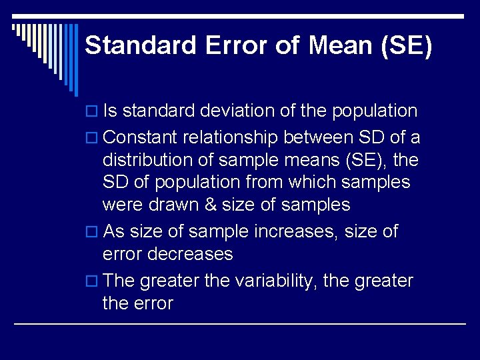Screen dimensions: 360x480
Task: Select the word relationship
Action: [x=232, y=138]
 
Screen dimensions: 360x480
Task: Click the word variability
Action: [x=276, y=281]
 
